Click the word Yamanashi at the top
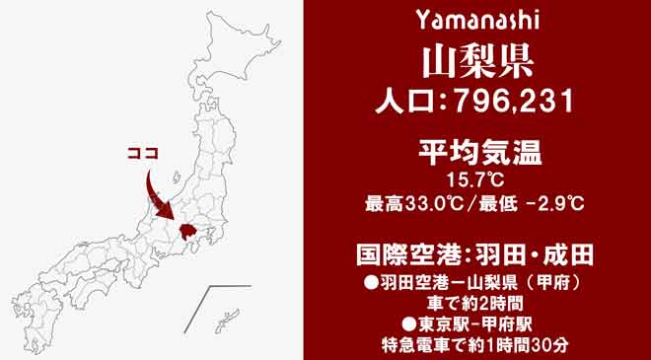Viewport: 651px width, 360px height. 476,20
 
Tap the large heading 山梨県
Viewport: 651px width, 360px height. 476,60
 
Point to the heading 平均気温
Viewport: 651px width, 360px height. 476,154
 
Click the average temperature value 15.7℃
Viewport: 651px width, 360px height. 476,180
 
